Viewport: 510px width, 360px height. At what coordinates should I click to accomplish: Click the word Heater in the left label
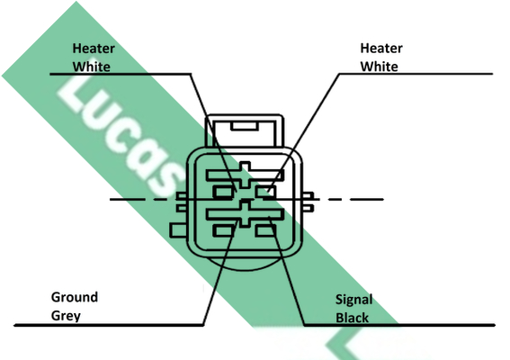point(94,49)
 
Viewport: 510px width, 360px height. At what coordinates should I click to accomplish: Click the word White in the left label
point(92,67)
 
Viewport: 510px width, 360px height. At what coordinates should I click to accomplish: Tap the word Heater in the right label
point(381,49)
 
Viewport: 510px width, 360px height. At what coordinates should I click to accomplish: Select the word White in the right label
point(379,67)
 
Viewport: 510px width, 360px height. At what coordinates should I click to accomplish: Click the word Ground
point(75,297)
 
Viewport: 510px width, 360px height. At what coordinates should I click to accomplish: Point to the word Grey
point(66,316)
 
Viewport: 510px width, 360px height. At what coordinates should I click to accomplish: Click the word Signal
point(353,300)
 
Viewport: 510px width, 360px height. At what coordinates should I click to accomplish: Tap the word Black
point(352,318)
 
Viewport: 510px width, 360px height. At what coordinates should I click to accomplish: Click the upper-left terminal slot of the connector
point(223,192)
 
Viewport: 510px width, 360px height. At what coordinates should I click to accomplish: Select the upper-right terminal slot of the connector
point(265,192)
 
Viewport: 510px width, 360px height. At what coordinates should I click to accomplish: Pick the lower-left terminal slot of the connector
point(223,230)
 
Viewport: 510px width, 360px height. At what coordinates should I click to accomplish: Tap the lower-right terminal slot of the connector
point(265,230)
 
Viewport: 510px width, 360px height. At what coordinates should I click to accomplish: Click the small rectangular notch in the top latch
point(245,126)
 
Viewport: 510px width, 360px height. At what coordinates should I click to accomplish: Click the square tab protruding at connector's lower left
point(178,230)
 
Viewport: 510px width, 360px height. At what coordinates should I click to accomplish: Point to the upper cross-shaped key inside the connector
point(245,175)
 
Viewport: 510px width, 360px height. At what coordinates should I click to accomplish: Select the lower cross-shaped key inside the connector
point(245,213)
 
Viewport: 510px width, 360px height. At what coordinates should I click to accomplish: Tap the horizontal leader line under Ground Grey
point(109,325)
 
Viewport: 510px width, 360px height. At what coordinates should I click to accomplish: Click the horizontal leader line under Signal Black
point(399,325)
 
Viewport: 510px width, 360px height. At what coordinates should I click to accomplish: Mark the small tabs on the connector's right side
point(308,202)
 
